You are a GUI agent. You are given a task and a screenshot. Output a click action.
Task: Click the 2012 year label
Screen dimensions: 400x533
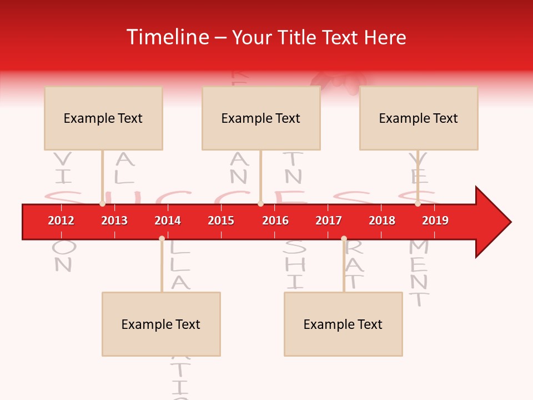tap(61, 221)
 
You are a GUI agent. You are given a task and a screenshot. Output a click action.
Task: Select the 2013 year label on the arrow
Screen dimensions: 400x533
tap(114, 221)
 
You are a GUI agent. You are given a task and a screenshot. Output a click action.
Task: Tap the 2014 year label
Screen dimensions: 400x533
tap(168, 221)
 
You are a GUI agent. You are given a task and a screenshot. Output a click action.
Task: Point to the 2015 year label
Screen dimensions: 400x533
tap(221, 221)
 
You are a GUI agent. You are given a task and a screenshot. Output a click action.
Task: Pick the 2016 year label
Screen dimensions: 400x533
tap(275, 221)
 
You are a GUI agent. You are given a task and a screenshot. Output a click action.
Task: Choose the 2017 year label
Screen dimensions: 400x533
tap(329, 221)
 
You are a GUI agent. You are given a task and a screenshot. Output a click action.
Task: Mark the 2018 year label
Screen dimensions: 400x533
tap(382, 221)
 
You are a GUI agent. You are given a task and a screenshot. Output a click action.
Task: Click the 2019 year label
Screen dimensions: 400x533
tap(435, 221)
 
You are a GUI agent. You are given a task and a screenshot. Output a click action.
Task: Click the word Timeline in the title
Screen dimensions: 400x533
tap(167, 37)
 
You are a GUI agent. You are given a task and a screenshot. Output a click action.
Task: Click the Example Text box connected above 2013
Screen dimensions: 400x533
tap(103, 118)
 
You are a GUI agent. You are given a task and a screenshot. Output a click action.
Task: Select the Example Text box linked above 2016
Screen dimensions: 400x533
tap(261, 118)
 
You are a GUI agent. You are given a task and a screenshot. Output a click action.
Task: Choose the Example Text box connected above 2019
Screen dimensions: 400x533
tap(419, 118)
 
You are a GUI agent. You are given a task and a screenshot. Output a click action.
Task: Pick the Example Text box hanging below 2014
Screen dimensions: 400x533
tap(161, 324)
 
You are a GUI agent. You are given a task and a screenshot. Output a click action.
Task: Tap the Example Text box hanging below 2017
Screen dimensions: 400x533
tap(343, 324)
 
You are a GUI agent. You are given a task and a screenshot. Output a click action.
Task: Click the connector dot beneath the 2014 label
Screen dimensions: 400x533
tap(162, 238)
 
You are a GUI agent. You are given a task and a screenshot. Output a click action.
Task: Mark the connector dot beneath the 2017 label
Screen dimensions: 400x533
tap(344, 238)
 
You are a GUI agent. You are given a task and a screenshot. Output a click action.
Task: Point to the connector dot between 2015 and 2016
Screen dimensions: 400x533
tap(260, 204)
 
